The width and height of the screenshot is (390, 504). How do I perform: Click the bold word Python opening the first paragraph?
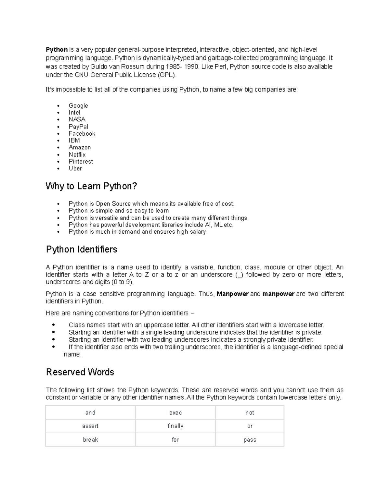tap(57, 50)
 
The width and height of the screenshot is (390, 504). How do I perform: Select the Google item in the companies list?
tap(78, 105)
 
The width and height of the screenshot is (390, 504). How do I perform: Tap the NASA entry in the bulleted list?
tap(77, 119)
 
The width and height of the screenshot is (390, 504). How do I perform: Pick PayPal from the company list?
tap(78, 127)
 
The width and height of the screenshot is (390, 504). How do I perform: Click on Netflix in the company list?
tap(77, 154)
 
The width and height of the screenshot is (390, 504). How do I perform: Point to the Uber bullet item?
tap(75, 168)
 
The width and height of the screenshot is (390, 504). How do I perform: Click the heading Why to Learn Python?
tap(91, 186)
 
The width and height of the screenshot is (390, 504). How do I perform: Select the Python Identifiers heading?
tap(82, 249)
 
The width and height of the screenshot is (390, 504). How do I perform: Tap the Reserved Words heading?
tap(80, 372)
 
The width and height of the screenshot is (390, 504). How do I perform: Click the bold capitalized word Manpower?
tap(232, 294)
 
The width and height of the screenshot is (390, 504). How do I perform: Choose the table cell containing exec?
tap(175, 413)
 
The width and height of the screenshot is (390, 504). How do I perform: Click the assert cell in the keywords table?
tap(90, 426)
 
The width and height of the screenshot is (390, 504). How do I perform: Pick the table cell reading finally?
tap(175, 426)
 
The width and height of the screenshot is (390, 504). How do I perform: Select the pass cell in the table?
tap(250, 440)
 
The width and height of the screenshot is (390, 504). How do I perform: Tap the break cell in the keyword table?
tap(90, 440)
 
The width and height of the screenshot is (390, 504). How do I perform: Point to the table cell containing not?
tap(250, 413)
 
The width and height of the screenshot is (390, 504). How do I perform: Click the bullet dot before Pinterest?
tap(58, 162)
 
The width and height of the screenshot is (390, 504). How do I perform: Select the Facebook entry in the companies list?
tap(82, 133)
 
